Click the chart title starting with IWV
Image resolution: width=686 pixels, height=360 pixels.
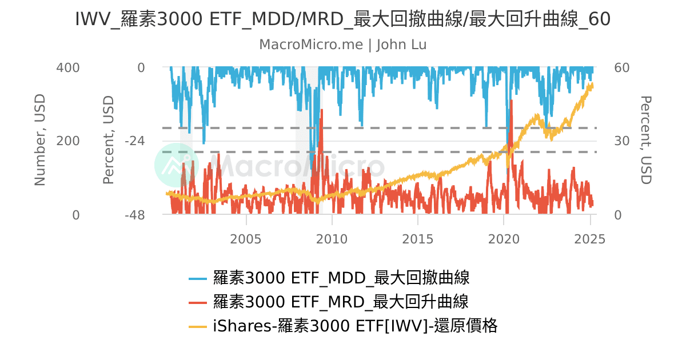(x=343, y=19)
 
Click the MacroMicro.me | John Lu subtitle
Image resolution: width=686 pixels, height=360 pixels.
(x=343, y=45)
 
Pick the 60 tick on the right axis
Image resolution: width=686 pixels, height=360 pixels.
(x=621, y=67)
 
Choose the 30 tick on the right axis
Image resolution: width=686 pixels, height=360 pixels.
(x=621, y=141)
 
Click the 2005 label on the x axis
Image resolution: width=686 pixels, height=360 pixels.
(x=246, y=239)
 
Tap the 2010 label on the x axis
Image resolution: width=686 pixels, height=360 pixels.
(x=332, y=239)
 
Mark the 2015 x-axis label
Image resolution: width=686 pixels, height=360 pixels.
(x=418, y=239)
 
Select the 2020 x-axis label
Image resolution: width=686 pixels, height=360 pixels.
(x=504, y=239)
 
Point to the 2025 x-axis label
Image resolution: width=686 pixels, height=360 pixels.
(x=589, y=239)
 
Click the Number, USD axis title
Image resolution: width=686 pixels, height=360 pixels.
(x=40, y=141)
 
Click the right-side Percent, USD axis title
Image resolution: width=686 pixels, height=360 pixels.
(x=645, y=141)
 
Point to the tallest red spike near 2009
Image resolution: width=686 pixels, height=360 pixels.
(x=322, y=110)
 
